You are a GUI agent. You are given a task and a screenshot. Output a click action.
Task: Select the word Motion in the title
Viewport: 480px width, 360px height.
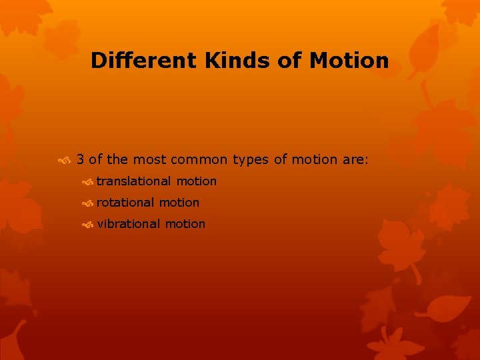tap(349, 61)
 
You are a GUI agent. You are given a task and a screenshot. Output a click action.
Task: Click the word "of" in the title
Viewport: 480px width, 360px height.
tap(290, 61)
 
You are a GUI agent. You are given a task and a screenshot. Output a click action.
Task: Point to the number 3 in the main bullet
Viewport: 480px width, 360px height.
tap(80, 159)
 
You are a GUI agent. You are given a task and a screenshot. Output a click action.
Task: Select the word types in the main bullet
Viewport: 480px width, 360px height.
tap(251, 160)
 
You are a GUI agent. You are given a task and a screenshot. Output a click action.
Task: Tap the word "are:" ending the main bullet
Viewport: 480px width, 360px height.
tap(355, 159)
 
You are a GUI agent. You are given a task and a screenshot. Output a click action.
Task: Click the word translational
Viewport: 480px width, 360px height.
tap(134, 181)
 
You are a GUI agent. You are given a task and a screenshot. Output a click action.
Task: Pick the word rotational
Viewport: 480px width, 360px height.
tap(125, 202)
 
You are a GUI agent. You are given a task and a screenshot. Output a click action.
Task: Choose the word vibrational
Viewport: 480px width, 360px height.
tap(129, 223)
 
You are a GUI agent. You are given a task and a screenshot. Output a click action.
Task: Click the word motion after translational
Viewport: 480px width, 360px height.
tap(197, 181)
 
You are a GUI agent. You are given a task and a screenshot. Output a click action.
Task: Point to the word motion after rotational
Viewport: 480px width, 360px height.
tap(179, 202)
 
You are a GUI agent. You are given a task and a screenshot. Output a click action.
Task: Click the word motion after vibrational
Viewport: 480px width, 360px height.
tap(185, 223)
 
